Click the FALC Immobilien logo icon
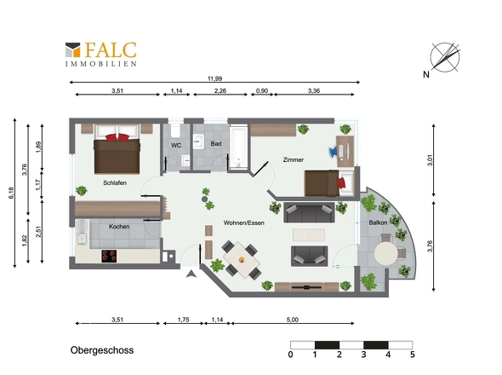(x=72, y=49)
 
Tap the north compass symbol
(x=445, y=57)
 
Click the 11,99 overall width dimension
(x=214, y=78)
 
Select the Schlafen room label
(x=115, y=183)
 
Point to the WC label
(x=176, y=146)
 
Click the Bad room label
(x=216, y=144)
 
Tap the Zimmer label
(x=294, y=159)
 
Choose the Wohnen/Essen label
(x=244, y=222)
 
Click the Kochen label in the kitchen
(x=119, y=227)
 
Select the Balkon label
(x=378, y=222)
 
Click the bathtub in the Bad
(x=238, y=147)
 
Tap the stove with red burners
(x=109, y=256)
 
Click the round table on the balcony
(x=386, y=253)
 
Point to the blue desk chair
(x=335, y=151)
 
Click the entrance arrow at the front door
(x=191, y=274)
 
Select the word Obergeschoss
(x=102, y=350)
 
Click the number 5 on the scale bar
(x=413, y=355)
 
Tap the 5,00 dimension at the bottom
(x=293, y=320)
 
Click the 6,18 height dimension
(x=12, y=193)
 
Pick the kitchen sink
(x=82, y=239)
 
